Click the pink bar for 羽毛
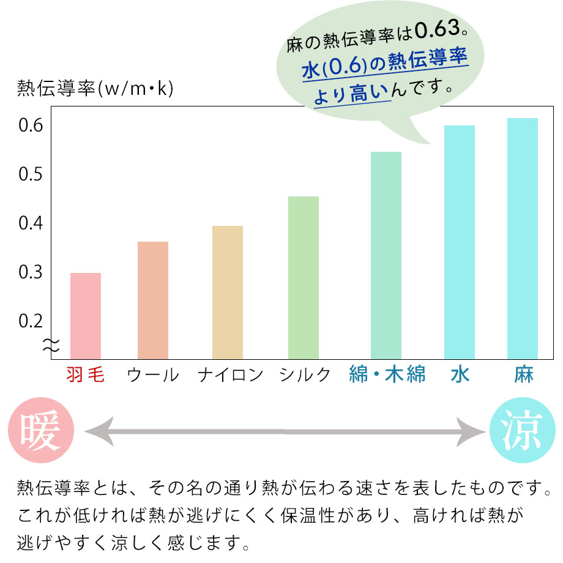[86, 316]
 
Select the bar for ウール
[153, 300]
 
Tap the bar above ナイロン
[228, 293]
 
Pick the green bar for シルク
[304, 278]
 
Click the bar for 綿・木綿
[386, 255]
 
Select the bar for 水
[460, 242]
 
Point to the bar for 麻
[523, 239]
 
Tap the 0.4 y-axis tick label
[30, 223]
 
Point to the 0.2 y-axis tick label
[30, 321]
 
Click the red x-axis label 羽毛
[85, 375]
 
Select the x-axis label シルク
[305, 375]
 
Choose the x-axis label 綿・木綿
[387, 375]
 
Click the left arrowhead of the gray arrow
[97, 432]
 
